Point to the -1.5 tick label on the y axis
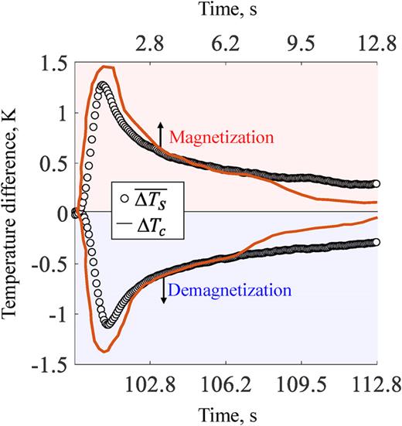tap(51, 363)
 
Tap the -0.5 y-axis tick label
tap(51, 264)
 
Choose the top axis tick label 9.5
tap(301, 45)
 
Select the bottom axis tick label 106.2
tap(225, 383)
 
